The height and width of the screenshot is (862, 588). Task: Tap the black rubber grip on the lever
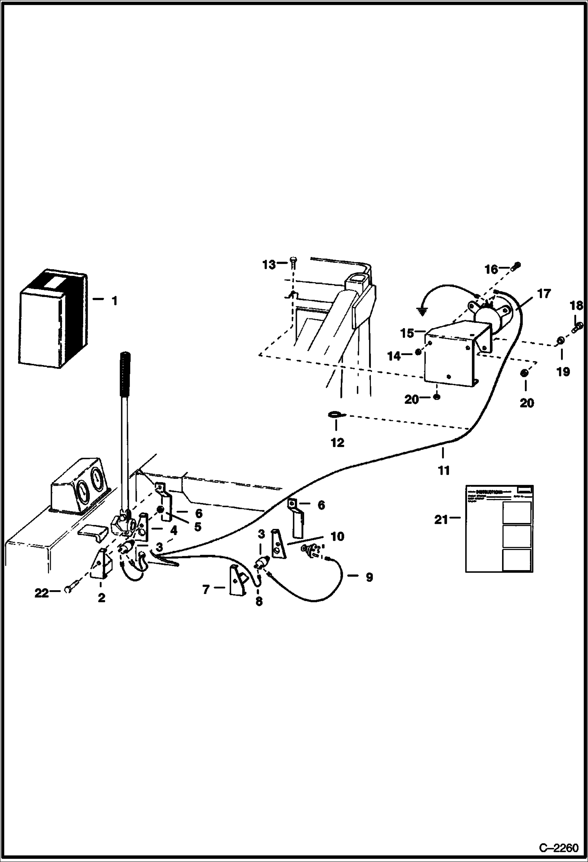(125, 374)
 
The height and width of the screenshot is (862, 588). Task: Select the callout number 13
(269, 265)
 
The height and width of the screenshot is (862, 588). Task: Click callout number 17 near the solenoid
(544, 293)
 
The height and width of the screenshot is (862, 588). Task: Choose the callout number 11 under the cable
(444, 470)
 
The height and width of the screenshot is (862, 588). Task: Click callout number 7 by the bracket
(206, 589)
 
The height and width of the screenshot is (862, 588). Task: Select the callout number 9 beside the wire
(369, 577)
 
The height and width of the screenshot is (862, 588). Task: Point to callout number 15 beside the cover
(407, 333)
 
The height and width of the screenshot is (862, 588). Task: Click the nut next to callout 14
(418, 352)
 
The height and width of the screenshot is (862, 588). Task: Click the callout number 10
(338, 536)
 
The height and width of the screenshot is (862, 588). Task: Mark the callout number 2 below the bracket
(101, 598)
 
